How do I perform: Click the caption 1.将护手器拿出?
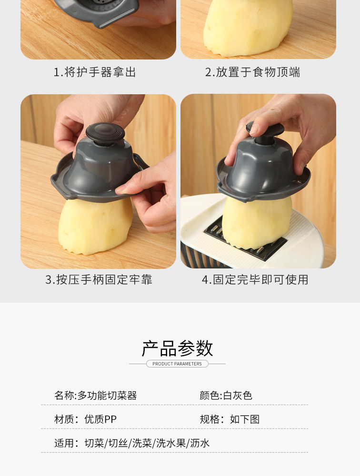pyautogui.click(x=95, y=72)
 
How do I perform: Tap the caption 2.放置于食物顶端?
pyautogui.click(x=252, y=72)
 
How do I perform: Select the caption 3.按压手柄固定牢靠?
pyautogui.click(x=99, y=279)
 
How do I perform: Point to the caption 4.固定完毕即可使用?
pyautogui.click(x=255, y=279)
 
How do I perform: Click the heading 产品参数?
pyautogui.click(x=178, y=348)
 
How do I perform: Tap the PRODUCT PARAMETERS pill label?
pyautogui.click(x=177, y=364)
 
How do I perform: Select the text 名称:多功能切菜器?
pyautogui.click(x=96, y=396)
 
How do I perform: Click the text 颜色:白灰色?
pyautogui.click(x=226, y=396)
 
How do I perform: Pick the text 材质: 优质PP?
pyautogui.click(x=85, y=419)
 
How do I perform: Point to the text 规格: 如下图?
pyautogui.click(x=230, y=419)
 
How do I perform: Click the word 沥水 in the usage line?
pyautogui.click(x=200, y=443)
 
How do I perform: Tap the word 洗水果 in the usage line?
pyautogui.click(x=171, y=443)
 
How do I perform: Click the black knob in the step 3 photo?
pyautogui.click(x=105, y=134)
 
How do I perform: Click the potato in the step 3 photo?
pyautogui.click(x=95, y=226)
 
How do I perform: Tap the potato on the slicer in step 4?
pyautogui.click(x=257, y=222)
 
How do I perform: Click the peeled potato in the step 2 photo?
pyautogui.click(x=248, y=27)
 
